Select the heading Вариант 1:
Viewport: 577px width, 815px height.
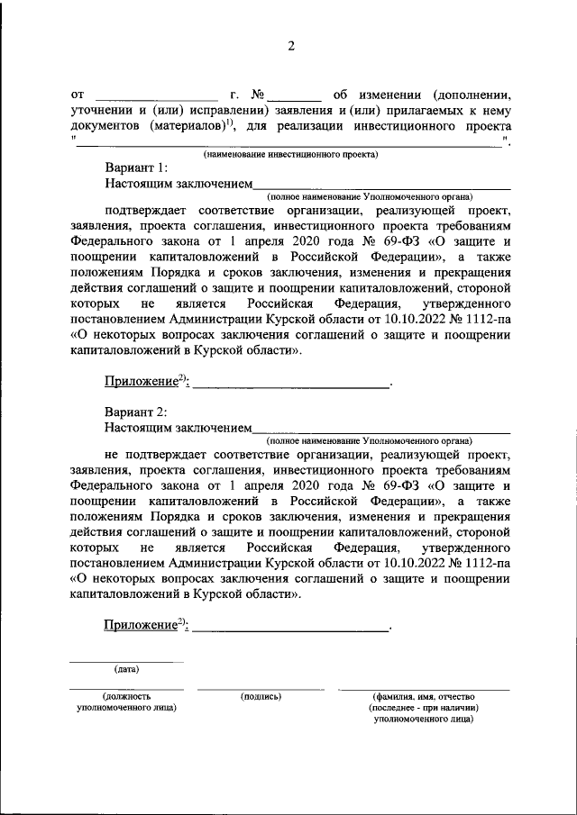135,168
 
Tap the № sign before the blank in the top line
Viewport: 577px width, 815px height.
256,93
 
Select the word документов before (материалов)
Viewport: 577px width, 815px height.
106,126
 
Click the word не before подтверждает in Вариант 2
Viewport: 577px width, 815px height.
111,456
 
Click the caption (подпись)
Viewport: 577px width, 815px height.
261,696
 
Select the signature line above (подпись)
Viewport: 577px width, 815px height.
261,689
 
